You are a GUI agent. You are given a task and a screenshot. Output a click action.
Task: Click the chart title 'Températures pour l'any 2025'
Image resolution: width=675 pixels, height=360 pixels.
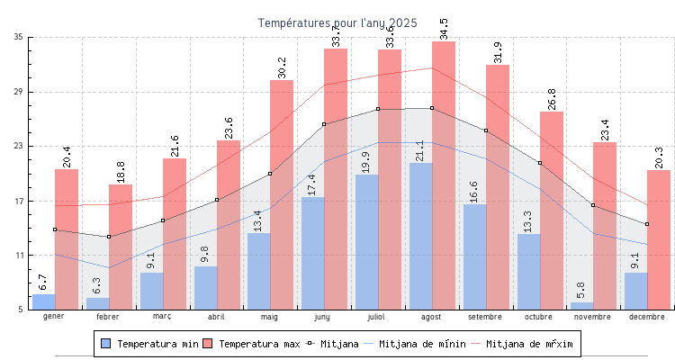(x=337, y=22)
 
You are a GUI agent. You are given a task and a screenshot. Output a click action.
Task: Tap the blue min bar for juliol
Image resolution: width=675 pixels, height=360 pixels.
(x=366, y=242)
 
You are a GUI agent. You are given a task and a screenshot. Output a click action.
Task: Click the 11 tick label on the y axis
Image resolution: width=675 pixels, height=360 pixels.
(x=19, y=256)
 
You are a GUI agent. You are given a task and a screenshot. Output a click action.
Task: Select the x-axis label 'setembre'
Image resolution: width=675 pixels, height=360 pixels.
(x=486, y=317)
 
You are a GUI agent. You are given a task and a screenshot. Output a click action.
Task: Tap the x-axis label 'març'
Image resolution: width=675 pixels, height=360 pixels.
(x=162, y=317)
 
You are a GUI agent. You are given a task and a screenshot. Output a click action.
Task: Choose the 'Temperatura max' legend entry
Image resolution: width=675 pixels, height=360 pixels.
(x=251, y=344)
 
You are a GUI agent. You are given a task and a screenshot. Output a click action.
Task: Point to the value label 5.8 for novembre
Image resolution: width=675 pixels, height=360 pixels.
(x=581, y=291)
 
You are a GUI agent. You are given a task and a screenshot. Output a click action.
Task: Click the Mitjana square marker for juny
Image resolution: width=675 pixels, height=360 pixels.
(x=324, y=124)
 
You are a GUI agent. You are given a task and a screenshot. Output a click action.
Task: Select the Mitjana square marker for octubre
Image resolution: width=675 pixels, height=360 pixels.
(x=540, y=163)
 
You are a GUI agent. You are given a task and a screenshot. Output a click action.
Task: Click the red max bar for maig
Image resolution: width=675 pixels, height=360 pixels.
(x=282, y=194)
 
